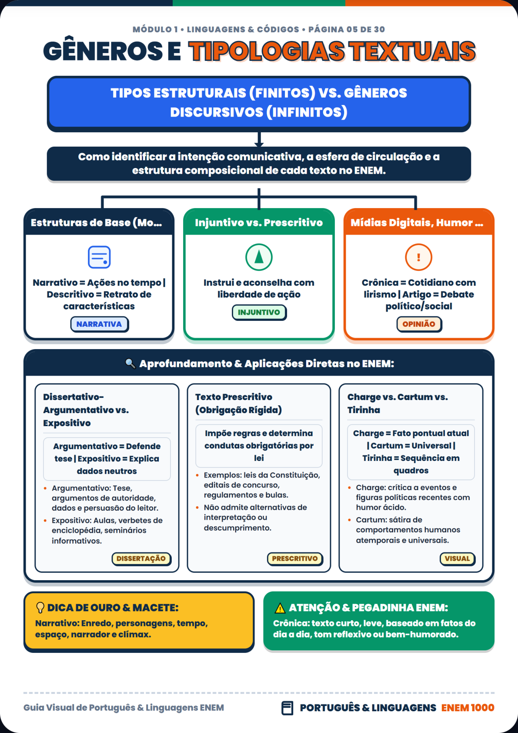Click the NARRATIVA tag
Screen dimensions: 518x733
(100, 324)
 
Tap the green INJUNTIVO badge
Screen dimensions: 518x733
(259, 312)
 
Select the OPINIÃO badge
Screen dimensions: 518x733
(419, 324)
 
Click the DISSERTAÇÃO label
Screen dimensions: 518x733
(141, 558)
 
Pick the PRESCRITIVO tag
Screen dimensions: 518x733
(295, 558)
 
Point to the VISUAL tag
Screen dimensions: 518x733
(457, 558)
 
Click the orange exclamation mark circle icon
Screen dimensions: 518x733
(418, 257)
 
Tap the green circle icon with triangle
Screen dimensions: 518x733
(259, 257)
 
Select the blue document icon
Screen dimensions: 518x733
(100, 257)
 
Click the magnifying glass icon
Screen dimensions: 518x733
(130, 363)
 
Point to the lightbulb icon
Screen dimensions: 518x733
(40, 608)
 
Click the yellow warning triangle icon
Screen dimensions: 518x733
(280, 608)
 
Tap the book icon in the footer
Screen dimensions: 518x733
(287, 708)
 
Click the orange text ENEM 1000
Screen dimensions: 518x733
(468, 708)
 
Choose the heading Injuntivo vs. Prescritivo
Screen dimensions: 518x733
(259, 222)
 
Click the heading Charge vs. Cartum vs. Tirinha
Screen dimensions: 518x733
(398, 403)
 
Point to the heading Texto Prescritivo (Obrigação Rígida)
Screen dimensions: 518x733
(239, 403)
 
